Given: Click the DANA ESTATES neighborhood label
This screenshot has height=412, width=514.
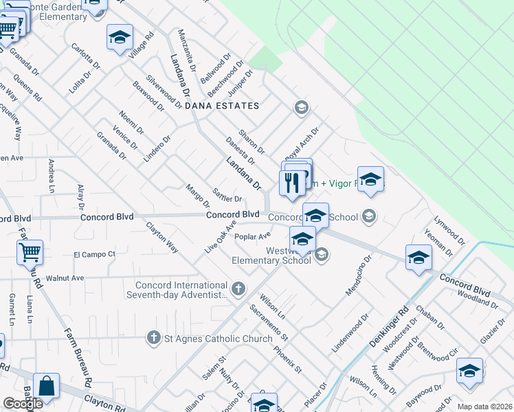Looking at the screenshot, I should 222,106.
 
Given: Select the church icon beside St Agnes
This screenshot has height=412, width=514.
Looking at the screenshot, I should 154,338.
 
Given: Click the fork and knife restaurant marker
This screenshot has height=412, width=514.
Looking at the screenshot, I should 291,183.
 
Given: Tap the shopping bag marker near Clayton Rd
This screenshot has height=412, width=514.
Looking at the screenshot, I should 46,387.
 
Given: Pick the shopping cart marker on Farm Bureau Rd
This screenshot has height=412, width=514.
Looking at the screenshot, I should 30,253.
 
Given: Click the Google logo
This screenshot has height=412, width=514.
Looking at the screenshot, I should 23,403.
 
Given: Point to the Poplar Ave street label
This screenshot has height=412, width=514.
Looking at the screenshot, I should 252,237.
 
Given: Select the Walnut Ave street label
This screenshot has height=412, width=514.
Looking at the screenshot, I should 65,278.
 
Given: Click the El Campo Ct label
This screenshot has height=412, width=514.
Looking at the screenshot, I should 94,254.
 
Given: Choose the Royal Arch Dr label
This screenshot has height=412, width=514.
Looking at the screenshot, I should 302,144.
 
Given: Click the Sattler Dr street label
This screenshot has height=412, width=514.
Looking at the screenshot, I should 227,195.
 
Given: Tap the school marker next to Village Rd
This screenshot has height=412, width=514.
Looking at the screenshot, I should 120,38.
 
